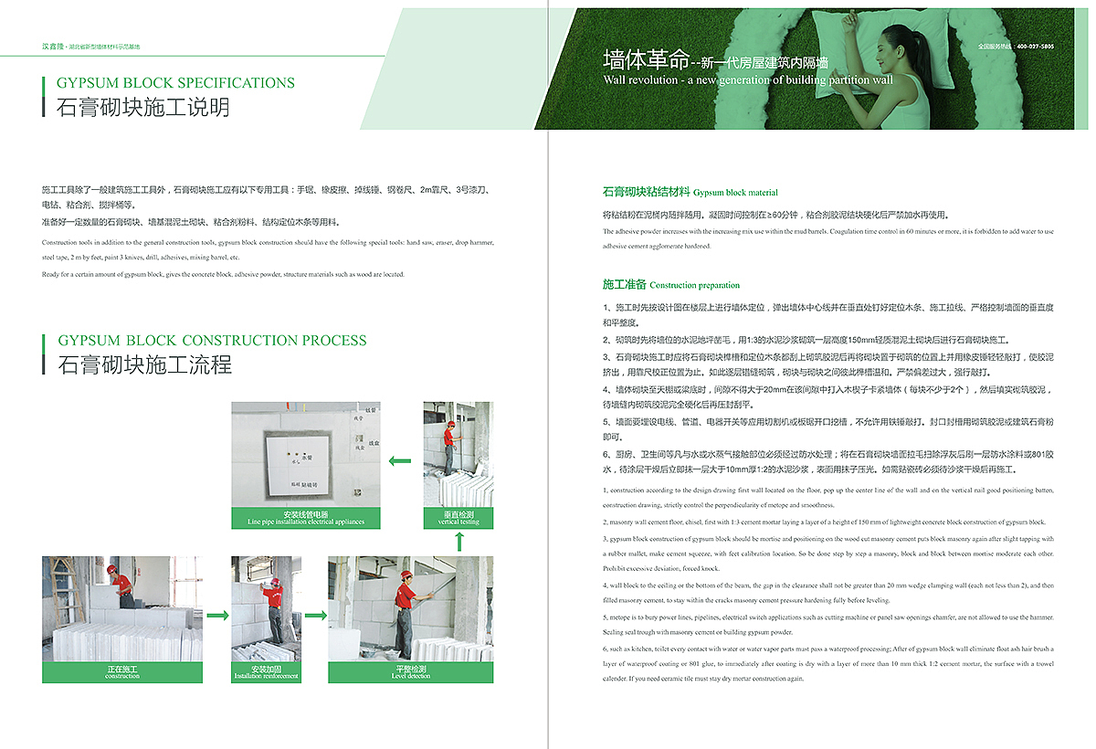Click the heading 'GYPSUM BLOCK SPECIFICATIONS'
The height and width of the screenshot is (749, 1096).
click(176, 83)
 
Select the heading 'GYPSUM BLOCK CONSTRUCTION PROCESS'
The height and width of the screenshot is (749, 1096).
click(212, 341)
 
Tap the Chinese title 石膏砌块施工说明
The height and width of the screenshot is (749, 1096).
click(143, 108)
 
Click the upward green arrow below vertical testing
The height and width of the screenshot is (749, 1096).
click(458, 542)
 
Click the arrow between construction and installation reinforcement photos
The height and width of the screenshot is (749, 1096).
click(217, 616)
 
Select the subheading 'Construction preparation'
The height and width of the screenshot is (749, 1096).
click(694, 285)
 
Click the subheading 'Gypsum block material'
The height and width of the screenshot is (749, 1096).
click(735, 193)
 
